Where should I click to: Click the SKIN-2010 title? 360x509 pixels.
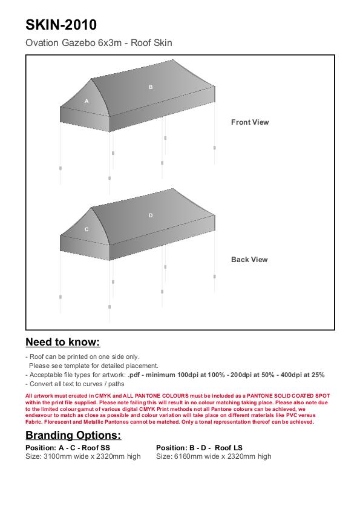61,25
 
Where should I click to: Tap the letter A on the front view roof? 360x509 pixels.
87,101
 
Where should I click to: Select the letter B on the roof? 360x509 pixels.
151,87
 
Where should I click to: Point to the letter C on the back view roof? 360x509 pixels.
87,229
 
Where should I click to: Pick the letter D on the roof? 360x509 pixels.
151,215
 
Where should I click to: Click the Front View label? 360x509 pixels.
250,122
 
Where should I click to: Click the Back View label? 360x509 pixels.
249,260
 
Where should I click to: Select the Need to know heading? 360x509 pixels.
63,342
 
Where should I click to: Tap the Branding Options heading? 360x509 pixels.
73,435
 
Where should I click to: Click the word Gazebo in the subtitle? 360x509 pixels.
79,43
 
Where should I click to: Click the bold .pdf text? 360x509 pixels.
134,375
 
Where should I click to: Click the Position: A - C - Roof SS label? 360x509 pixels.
68,448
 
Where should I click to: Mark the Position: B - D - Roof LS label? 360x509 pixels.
199,448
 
